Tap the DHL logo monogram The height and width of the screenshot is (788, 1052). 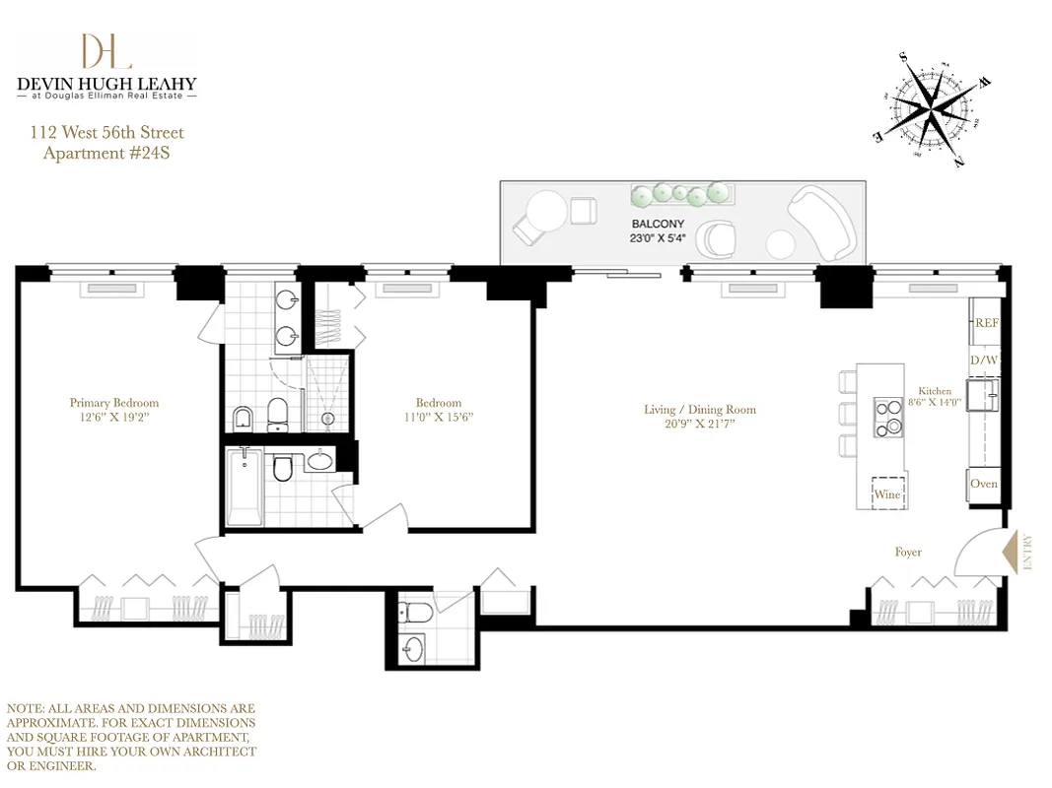(106, 52)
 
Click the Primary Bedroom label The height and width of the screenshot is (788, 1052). (113, 403)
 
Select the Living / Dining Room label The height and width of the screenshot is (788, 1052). (699, 410)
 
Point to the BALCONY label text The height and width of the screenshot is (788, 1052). (658, 224)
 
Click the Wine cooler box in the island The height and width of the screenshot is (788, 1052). (888, 493)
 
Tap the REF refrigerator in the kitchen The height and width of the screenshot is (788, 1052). (986, 322)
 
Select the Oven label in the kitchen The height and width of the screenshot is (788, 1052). (984, 484)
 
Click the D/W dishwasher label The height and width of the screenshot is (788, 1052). (984, 361)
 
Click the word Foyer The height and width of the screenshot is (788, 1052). (908, 552)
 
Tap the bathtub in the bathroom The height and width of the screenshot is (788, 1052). (243, 488)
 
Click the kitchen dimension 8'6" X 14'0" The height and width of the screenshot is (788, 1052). (935, 403)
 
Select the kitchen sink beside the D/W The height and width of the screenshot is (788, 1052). (984, 397)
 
